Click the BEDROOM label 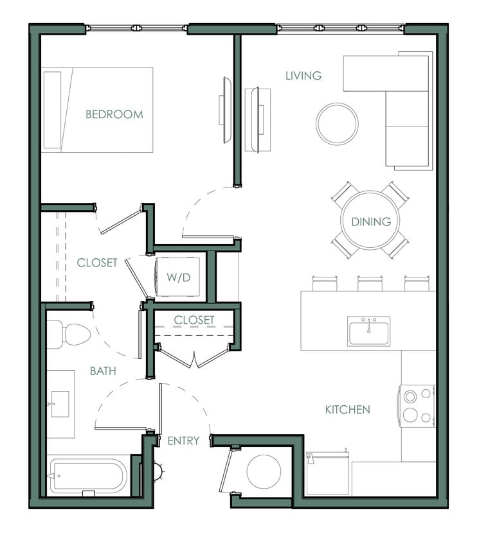[x=114, y=114]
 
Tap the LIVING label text [x=303, y=76]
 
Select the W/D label [x=179, y=277]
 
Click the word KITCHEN [x=347, y=409]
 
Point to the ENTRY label [x=183, y=441]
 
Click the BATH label [x=103, y=371]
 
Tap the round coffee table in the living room [x=337, y=124]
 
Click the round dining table [x=370, y=221]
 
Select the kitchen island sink [x=368, y=330]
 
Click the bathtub [x=88, y=476]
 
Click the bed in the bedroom [x=98, y=110]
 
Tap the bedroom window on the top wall [x=136, y=28]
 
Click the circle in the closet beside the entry [x=263, y=471]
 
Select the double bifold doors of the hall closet [x=194, y=357]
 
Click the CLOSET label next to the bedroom [x=97, y=263]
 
